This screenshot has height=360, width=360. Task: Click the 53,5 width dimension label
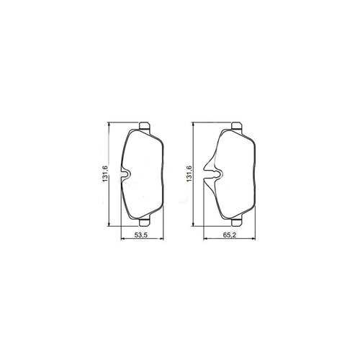(140, 235)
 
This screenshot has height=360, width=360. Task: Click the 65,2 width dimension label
(230, 235)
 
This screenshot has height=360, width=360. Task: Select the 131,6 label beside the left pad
(105, 174)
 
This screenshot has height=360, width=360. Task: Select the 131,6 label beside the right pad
(189, 174)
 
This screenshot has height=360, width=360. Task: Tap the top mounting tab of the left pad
(145, 126)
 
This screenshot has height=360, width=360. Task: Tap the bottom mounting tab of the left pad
(145, 222)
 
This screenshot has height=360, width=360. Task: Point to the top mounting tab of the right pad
(237, 126)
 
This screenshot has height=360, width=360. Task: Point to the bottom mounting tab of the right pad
(237, 222)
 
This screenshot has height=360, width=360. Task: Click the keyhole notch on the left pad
(125, 174)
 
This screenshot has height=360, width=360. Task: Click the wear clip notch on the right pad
(213, 174)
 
